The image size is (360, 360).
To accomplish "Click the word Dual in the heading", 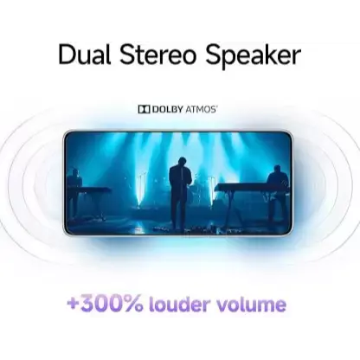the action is (85, 55).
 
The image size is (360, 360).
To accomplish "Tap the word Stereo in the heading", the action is (157, 55).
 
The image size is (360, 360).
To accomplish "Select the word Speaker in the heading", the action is (253, 56).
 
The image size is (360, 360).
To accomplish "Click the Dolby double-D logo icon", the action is (144, 109).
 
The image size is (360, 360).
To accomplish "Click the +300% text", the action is (105, 304).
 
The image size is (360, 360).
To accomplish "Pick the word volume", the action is (251, 304).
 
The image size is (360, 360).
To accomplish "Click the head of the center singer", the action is (182, 161).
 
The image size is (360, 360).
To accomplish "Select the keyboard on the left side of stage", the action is (89, 190).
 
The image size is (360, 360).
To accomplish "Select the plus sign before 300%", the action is (73, 304).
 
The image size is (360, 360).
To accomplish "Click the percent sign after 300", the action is (133, 305).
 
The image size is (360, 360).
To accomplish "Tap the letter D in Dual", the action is (66, 55).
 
